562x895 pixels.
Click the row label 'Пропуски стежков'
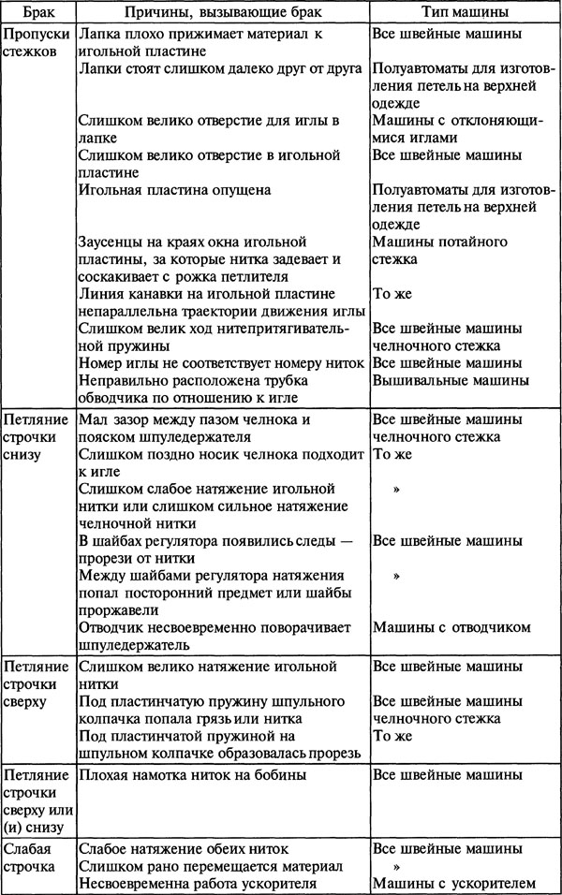[37, 43]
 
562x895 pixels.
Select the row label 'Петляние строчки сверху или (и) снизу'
[37, 801]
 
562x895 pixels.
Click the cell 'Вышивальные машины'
[451, 381]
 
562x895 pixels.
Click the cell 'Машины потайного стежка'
[439, 251]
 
